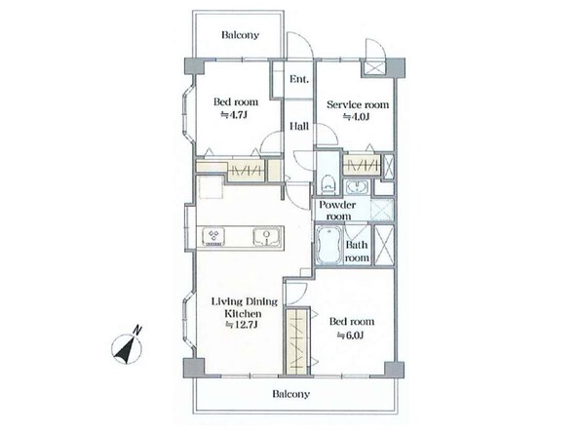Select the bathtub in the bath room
[328, 245]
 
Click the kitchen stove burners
[213, 236]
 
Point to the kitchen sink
[267, 236]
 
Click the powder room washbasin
[356, 187]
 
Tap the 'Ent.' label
[299, 79]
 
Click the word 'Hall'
[299, 126]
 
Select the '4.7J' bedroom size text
[234, 115]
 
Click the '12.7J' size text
[242, 325]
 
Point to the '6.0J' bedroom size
[350, 335]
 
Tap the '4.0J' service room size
[357, 117]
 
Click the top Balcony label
[241, 35]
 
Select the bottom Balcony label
[291, 394]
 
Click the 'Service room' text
[358, 104]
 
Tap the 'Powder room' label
[337, 211]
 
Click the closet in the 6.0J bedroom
[297, 340]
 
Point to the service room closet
[362, 165]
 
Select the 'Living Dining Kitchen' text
[244, 307]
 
